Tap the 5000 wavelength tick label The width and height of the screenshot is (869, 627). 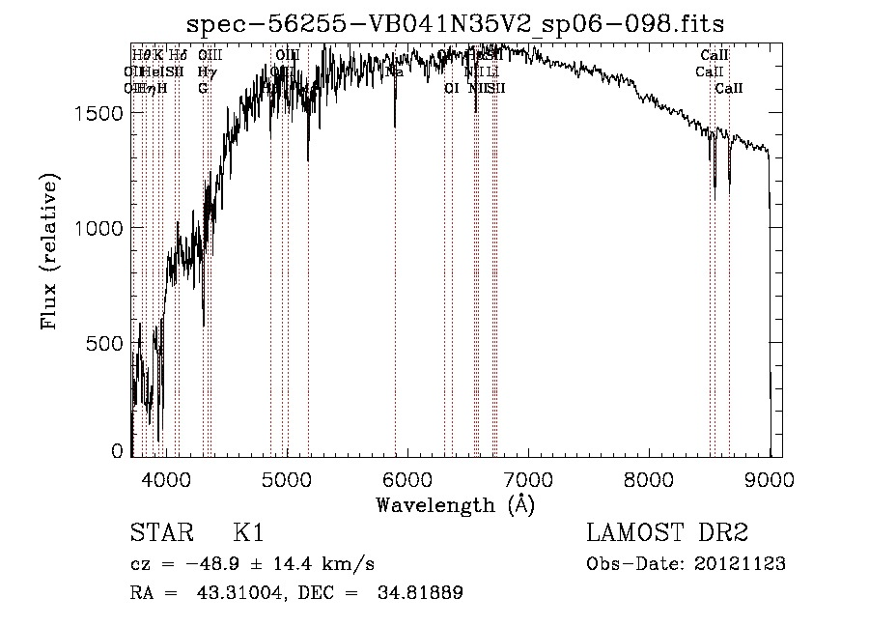287,478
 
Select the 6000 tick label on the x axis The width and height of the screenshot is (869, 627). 407,478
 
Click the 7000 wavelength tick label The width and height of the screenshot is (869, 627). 528,478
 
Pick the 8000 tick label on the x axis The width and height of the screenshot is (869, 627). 649,478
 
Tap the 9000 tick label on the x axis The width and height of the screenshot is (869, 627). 770,478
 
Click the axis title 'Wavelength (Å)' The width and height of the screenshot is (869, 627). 455,504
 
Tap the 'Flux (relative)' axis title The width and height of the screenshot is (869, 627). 50,252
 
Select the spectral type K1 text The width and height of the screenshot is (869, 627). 248,534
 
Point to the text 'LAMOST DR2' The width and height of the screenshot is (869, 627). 667,534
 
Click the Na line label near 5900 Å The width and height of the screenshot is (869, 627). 394,71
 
